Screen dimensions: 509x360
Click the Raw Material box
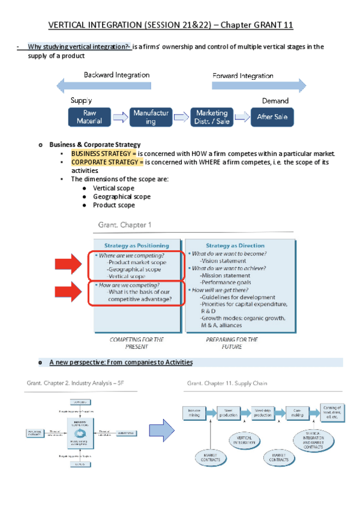point(89,117)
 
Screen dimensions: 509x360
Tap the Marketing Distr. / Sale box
point(212,117)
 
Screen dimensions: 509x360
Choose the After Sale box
point(272,117)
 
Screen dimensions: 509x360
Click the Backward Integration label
point(117,76)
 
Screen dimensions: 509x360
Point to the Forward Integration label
point(242,76)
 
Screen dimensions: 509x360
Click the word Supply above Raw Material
point(82,101)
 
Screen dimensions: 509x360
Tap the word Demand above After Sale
point(275,101)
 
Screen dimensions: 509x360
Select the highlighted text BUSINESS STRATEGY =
point(103,154)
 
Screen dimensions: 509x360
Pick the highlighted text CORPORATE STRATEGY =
point(107,162)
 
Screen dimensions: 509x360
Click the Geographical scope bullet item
point(122,196)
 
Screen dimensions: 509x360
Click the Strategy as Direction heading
point(231,245)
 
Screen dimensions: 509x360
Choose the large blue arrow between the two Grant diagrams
point(161,429)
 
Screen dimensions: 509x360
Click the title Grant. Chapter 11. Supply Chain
point(228,382)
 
